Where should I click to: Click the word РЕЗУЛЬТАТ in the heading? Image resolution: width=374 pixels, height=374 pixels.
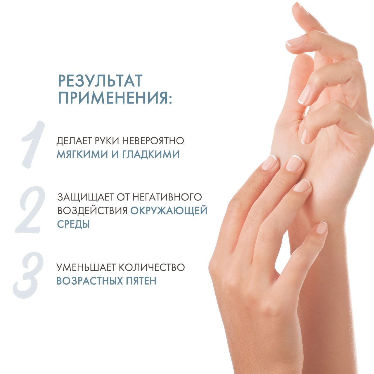(x=100, y=80)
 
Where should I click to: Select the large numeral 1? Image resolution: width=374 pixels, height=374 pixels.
(x=32, y=144)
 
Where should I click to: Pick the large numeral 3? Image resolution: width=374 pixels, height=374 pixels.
(x=28, y=276)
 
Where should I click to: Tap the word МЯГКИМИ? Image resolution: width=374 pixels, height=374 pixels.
(x=82, y=155)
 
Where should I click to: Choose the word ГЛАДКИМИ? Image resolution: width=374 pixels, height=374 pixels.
(x=151, y=155)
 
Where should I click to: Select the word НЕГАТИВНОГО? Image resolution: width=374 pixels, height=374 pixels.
(x=167, y=197)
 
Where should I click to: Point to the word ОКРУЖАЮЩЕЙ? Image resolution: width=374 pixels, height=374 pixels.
(x=169, y=211)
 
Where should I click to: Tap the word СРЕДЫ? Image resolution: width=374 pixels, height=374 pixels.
(x=73, y=224)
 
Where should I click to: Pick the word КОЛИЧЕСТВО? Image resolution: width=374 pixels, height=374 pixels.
(x=152, y=267)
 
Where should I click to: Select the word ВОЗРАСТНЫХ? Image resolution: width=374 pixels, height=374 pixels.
(x=89, y=281)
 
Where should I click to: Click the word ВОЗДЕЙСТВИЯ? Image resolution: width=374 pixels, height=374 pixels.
(x=92, y=211)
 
